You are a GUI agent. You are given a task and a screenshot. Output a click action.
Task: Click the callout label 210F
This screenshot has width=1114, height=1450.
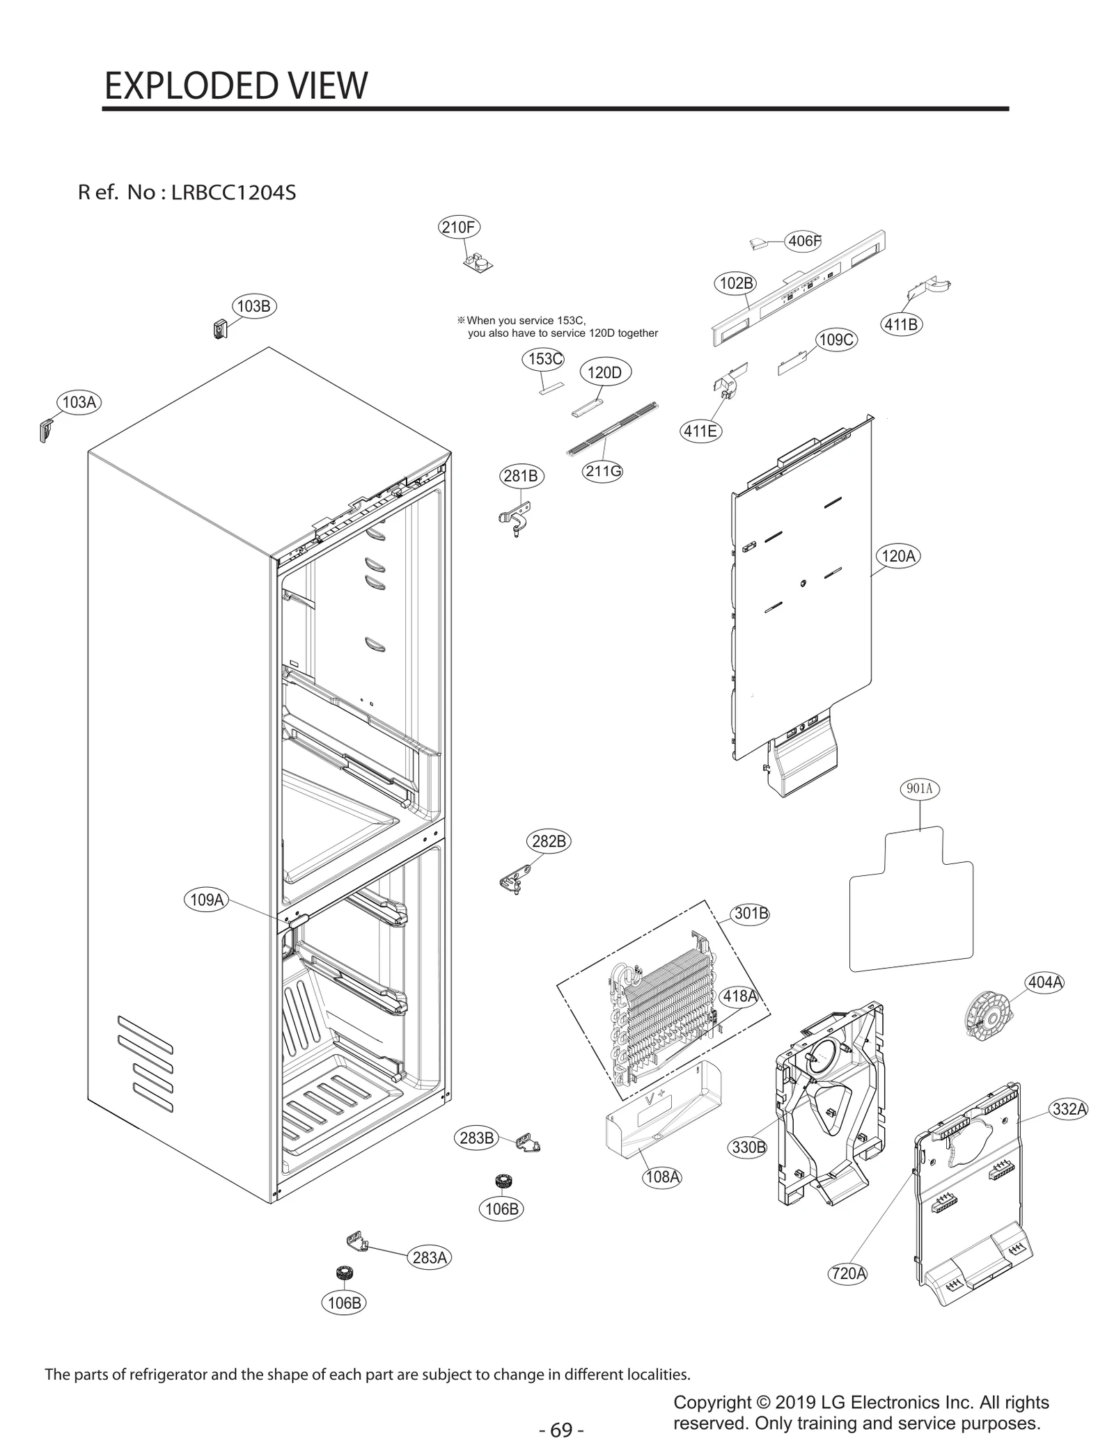click(460, 227)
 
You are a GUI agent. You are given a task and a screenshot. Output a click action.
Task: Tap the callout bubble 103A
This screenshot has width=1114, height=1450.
click(79, 402)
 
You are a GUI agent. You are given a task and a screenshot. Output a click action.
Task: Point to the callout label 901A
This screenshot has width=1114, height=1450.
click(919, 788)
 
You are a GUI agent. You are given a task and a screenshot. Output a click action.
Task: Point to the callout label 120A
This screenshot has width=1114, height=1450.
click(897, 556)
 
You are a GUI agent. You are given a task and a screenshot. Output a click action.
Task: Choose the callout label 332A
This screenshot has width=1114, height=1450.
click(1069, 1109)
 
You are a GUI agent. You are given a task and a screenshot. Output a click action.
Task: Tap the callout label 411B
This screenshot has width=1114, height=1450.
click(902, 324)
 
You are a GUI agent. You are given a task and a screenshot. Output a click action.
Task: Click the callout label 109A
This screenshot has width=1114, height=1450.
click(207, 900)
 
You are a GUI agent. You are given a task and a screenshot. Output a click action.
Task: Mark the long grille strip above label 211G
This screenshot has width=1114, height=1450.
click(613, 428)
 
